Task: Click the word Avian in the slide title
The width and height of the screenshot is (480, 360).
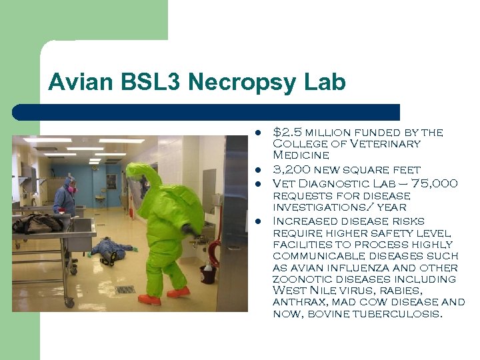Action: pos(75,83)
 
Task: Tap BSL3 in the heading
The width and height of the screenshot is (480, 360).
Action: pos(144,83)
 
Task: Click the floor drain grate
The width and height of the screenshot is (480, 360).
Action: pos(125,290)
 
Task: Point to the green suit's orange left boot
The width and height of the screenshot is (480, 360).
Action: pos(150,299)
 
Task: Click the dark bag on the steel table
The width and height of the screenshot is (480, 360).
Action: pos(37,223)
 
